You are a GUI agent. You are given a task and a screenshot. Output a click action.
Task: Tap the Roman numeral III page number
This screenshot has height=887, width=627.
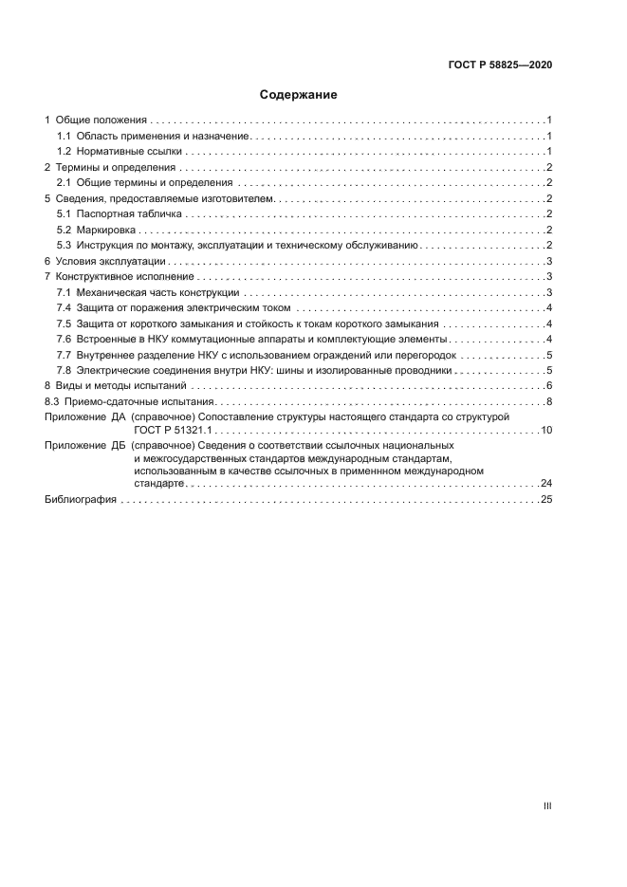[547, 805]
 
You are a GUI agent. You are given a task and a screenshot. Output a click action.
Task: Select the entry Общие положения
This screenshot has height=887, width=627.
[101, 120]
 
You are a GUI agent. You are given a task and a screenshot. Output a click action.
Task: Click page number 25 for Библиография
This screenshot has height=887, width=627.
[546, 499]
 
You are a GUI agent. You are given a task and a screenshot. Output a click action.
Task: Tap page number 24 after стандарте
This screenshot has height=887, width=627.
[546, 484]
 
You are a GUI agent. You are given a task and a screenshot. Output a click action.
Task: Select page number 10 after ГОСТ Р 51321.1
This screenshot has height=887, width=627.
[546, 431]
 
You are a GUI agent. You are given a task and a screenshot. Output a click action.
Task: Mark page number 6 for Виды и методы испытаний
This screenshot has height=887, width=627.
[549, 386]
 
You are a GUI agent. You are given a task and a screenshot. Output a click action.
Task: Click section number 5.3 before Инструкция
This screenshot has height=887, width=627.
[65, 246]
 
